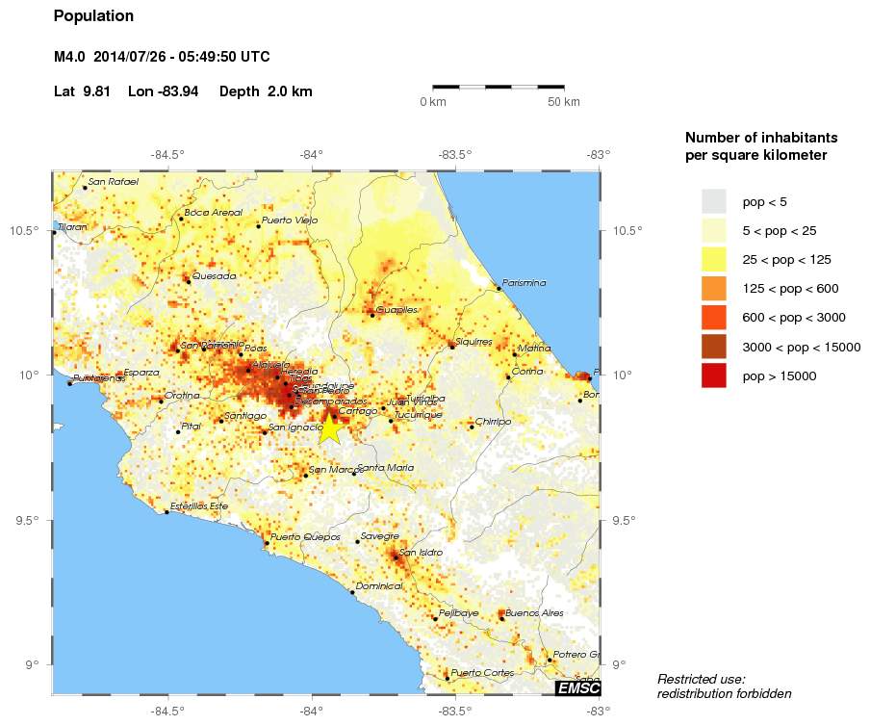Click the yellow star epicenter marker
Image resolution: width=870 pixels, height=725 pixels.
point(329,428)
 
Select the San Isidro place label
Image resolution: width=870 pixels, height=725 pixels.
point(421,552)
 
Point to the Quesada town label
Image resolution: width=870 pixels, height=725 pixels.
point(214,275)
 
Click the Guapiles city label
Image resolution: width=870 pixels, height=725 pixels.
point(397,310)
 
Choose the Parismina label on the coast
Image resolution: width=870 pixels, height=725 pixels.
point(525,283)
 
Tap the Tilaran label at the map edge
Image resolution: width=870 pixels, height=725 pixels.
point(72,227)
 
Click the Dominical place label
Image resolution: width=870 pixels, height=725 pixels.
point(378,586)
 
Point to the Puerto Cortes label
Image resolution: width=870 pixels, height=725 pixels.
point(481,672)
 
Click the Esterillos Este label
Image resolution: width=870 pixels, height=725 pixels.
point(199,505)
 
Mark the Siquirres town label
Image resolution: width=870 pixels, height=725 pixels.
point(473,341)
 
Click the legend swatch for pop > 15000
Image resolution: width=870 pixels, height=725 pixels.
point(713,375)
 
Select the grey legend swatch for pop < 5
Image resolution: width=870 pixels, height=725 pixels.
point(713,201)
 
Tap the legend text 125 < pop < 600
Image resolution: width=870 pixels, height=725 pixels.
point(790,289)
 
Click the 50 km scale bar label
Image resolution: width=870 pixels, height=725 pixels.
point(564,102)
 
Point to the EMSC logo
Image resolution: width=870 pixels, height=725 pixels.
point(578,687)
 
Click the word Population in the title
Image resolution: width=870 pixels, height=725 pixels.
point(93,16)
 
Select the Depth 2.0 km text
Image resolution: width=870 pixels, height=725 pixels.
point(266,91)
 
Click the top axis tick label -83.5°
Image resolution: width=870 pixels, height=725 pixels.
point(454,153)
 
